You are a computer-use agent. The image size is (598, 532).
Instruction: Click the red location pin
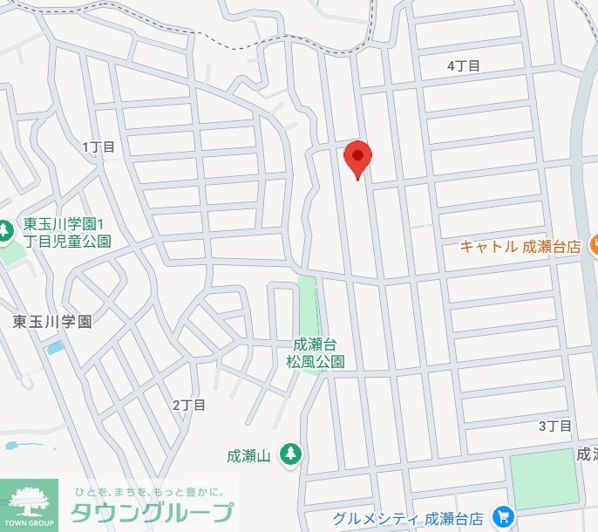click(358, 158)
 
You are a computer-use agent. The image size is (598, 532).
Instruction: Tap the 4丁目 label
click(463, 65)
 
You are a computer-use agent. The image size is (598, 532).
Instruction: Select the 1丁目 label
click(99, 147)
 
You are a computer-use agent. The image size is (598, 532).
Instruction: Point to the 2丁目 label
click(189, 405)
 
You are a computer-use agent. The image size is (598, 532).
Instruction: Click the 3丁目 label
click(554, 426)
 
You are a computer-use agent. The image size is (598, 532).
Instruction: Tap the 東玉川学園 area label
click(52, 321)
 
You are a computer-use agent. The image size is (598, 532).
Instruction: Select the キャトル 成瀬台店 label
click(520, 247)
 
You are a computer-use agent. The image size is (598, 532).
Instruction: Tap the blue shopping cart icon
click(503, 518)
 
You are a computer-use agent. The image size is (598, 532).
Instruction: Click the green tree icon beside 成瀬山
click(290, 454)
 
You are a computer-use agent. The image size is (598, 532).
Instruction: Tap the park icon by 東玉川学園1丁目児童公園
click(5, 231)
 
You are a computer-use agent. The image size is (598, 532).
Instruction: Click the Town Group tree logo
click(29, 503)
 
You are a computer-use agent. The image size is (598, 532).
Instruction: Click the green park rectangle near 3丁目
click(544, 479)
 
